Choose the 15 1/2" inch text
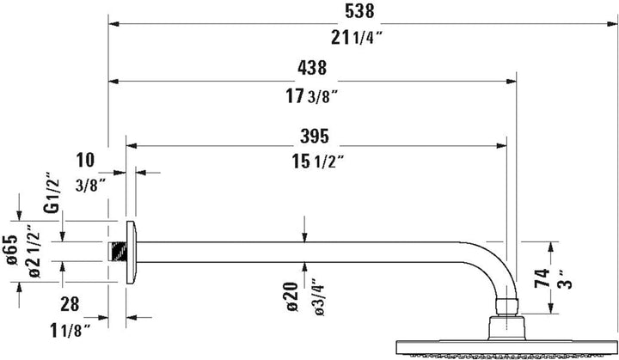pos(315,160)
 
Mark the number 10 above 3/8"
pos(85,159)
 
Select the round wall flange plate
pos(130,251)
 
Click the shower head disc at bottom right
pos(507,345)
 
